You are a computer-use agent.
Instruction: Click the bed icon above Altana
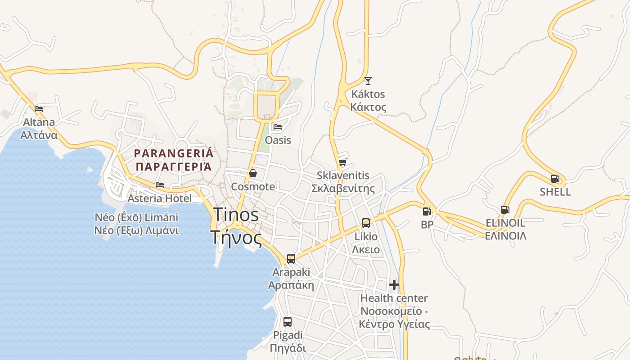click(39, 108)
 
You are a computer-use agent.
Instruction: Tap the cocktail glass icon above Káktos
click(368, 81)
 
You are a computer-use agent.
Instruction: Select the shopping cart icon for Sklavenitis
click(343, 162)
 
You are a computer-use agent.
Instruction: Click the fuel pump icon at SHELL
click(555, 179)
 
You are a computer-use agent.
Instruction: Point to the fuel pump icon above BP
click(427, 211)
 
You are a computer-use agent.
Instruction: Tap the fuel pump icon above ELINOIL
click(505, 209)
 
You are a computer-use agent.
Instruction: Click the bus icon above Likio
click(366, 223)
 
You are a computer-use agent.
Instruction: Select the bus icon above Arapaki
click(291, 259)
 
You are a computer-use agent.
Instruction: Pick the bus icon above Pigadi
click(288, 322)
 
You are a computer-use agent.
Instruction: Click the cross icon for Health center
click(394, 285)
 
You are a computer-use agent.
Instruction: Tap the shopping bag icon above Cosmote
click(253, 173)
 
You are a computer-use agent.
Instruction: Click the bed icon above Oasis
click(278, 127)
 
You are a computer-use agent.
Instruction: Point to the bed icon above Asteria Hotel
click(160, 184)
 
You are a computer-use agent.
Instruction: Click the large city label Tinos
click(235, 215)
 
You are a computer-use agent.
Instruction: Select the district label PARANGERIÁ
click(174, 153)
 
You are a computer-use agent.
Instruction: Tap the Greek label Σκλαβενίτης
click(343, 188)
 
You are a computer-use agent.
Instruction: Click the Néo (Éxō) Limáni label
click(136, 217)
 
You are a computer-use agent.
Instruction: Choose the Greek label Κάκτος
click(368, 107)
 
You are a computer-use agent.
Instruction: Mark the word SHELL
click(555, 192)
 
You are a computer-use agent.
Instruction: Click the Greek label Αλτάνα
click(39, 135)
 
